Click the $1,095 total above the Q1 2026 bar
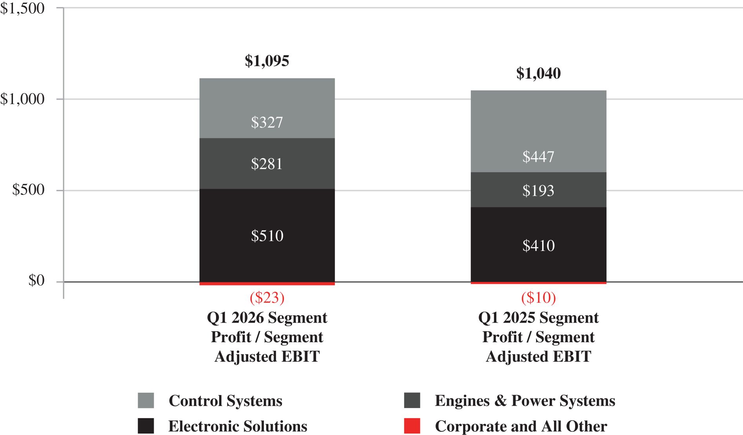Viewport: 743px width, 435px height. point(267,61)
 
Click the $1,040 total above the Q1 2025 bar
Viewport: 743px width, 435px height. point(538,74)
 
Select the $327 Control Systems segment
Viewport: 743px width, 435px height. point(267,108)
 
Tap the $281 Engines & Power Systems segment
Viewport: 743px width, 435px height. point(267,164)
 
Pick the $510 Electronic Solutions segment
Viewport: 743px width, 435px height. point(267,235)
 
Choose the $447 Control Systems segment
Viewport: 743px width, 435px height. point(538,132)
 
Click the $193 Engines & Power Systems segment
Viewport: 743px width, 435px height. point(538,190)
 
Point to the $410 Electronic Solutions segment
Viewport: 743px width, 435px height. point(538,245)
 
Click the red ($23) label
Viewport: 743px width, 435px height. point(267,298)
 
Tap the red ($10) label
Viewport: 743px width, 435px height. point(538,298)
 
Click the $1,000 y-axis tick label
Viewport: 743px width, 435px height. point(22,99)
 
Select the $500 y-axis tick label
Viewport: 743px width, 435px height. point(28,190)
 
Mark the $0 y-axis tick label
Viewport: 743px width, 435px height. point(36,281)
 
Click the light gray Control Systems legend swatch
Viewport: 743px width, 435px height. point(146,401)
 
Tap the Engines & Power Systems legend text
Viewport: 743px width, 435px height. point(525,401)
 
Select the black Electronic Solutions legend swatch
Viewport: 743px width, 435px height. point(146,426)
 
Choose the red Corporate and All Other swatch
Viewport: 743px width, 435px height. point(412,426)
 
